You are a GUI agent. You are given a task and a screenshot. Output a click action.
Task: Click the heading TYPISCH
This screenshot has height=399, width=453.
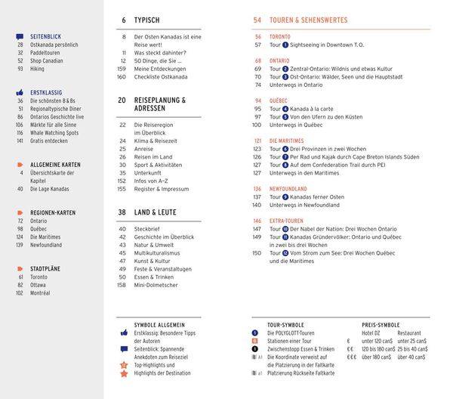click(x=146, y=20)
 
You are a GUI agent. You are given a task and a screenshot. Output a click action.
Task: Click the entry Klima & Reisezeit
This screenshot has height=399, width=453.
click(x=156, y=141)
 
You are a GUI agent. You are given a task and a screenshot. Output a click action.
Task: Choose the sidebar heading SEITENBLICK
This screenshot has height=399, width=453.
click(x=46, y=36)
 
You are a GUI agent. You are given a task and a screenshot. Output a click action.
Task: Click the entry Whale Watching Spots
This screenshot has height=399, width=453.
click(x=55, y=132)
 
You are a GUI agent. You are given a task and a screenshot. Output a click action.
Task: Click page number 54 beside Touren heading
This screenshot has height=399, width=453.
click(x=257, y=20)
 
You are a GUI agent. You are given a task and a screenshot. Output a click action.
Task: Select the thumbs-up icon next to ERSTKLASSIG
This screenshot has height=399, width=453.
click(x=20, y=92)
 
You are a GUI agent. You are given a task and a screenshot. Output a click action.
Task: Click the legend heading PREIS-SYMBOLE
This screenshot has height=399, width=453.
click(x=381, y=325)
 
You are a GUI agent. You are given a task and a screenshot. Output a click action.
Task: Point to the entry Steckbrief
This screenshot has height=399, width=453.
click(x=146, y=228)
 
